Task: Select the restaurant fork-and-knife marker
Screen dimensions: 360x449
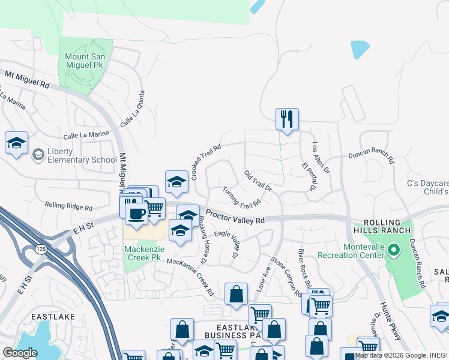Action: tap(287, 119)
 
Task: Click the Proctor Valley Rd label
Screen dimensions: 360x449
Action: tap(235, 217)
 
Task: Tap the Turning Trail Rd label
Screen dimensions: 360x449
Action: tap(241, 197)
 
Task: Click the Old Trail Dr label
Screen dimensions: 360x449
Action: tap(258, 181)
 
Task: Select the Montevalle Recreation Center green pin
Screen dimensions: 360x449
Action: tap(393, 248)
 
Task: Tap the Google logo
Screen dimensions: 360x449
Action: tap(20, 352)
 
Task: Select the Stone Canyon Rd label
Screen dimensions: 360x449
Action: tap(286, 277)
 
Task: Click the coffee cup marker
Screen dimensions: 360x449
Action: tap(136, 214)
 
